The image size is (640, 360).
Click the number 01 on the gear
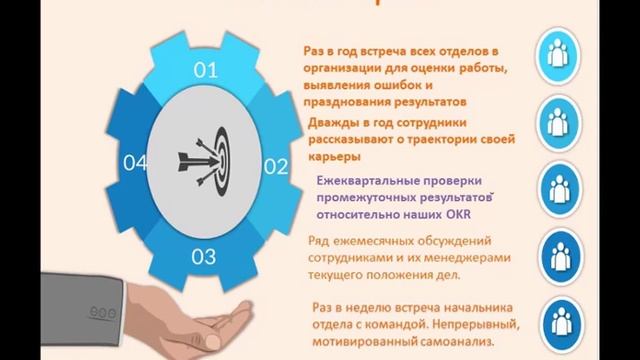pos(205,70)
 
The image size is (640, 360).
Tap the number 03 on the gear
pos(204,256)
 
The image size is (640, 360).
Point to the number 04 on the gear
pos(135,162)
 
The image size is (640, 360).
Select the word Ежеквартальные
pos(361,182)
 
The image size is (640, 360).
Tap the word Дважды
pos(332,123)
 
